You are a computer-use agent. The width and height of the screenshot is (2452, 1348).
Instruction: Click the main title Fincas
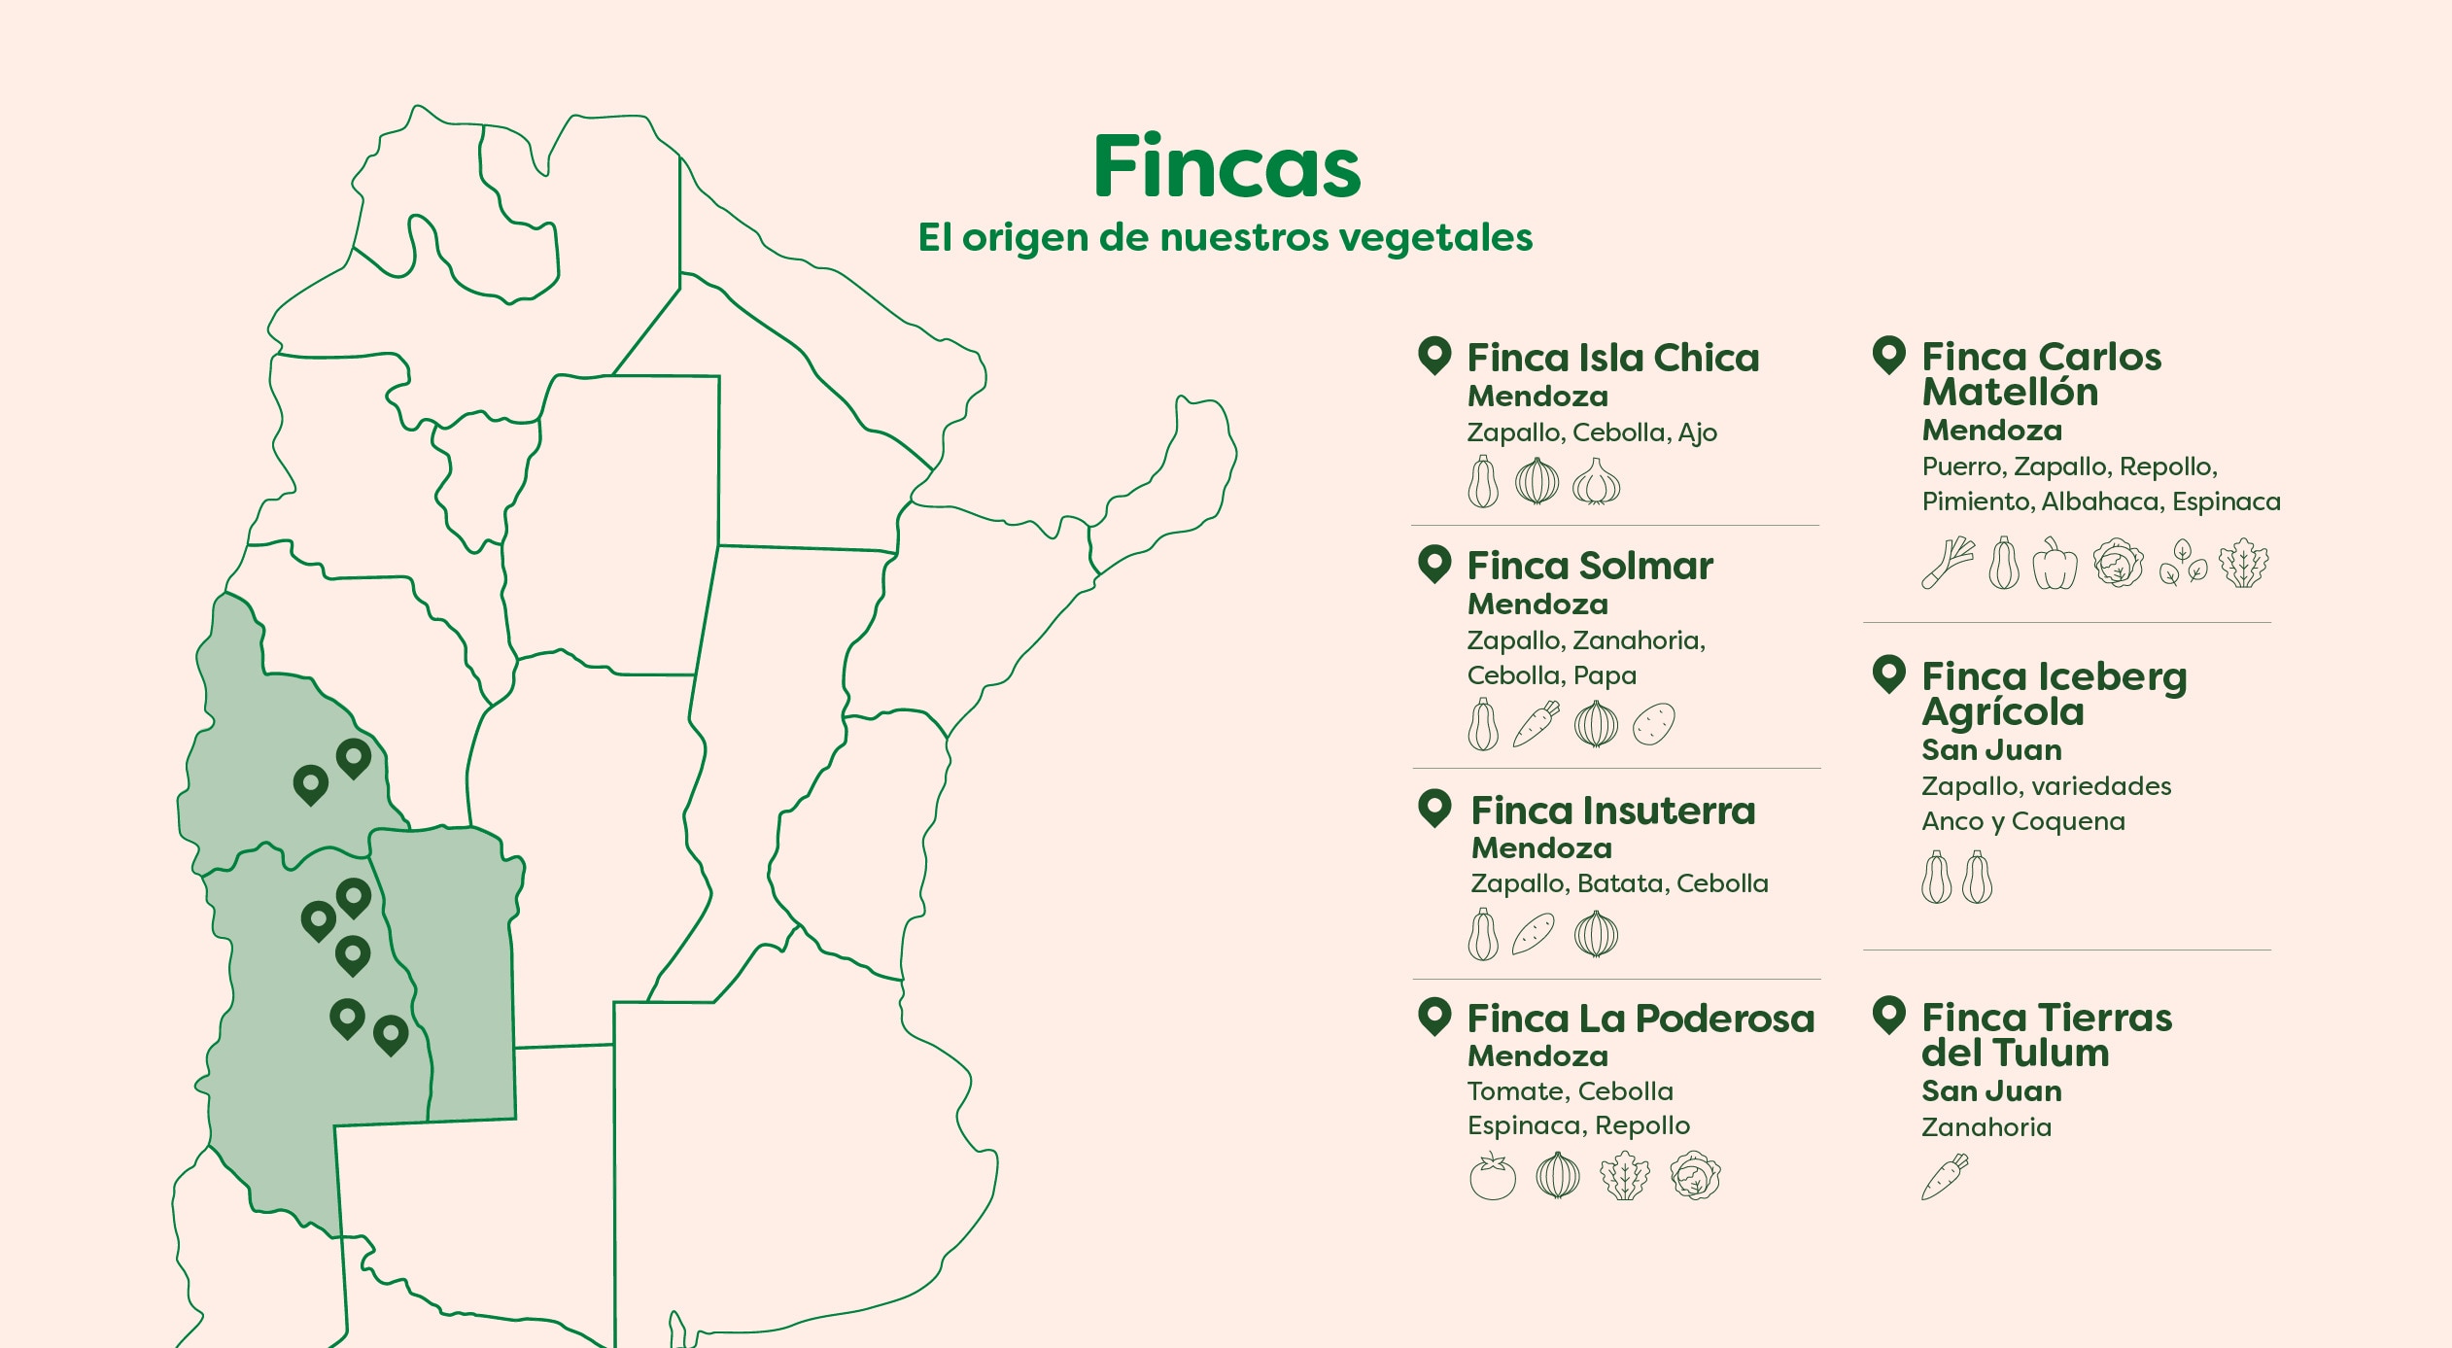pos(1226,167)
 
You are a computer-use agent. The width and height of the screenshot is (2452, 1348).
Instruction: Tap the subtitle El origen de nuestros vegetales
pos(1225,237)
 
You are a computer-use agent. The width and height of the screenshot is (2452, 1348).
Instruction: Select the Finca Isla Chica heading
pos(1612,358)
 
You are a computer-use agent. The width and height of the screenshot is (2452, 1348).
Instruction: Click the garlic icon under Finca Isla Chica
pos(1596,481)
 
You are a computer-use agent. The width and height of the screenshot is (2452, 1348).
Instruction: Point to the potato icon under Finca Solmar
pos(1653,724)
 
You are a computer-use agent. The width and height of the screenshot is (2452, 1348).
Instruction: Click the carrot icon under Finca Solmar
pos(1537,724)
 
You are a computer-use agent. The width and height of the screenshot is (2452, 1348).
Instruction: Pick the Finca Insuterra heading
pos(1612,810)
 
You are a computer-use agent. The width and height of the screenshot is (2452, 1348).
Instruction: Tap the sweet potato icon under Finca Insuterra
pos(1534,934)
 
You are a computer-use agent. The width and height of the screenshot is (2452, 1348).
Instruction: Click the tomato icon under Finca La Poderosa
pos(1492,1176)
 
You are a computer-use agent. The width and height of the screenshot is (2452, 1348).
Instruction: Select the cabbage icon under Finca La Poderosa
pos(1695,1176)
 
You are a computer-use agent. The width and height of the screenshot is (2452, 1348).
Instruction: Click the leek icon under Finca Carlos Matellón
pos(1947,563)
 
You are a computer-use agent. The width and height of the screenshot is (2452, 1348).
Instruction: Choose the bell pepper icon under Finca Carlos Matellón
pos(2054,564)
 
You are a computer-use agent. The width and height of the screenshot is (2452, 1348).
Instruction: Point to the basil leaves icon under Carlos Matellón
pos(2183,564)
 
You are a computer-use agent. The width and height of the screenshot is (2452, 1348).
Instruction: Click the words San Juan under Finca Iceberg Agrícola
pos(1991,749)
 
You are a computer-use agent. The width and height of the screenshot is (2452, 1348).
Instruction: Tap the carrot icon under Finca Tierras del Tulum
pos(1945,1177)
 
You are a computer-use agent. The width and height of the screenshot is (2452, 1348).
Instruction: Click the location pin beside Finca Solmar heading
pos(1434,563)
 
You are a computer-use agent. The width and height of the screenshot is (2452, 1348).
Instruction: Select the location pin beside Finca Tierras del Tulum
pos(1888,1015)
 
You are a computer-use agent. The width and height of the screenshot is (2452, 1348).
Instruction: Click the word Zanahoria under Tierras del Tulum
pos(1986,1127)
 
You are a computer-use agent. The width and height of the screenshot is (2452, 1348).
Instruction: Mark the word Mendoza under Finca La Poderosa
pos(1537,1055)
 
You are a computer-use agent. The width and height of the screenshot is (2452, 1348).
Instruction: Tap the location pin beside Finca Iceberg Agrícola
pos(1888,673)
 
